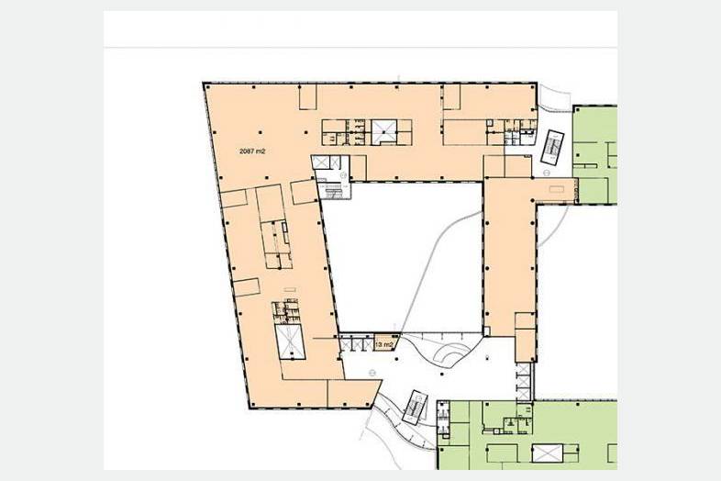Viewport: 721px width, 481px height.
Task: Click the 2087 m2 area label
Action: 252,151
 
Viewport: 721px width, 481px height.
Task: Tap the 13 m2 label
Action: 384,344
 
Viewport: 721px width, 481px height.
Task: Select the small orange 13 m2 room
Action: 385,342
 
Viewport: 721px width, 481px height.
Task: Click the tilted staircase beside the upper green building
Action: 552,147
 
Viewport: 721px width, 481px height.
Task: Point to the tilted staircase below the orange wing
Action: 415,408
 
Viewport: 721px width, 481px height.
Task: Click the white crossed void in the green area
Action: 548,453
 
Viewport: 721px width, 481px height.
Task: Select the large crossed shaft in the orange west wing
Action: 290,341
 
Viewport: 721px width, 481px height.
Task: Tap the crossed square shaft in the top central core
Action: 384,131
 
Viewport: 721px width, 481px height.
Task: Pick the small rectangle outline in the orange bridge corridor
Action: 557,189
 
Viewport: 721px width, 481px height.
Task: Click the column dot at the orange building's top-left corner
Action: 205,84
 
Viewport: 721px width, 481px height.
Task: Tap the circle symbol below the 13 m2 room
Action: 372,373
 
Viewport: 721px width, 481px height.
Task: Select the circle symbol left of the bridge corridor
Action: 547,173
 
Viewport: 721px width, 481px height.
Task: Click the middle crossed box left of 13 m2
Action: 357,344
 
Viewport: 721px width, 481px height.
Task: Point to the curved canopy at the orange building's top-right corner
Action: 554,97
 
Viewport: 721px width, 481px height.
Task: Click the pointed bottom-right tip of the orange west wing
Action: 382,381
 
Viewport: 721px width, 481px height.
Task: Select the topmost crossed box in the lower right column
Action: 523,369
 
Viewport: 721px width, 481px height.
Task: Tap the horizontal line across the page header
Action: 360,47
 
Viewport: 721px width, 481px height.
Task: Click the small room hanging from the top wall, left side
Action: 308,97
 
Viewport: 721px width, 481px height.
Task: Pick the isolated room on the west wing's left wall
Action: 248,287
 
